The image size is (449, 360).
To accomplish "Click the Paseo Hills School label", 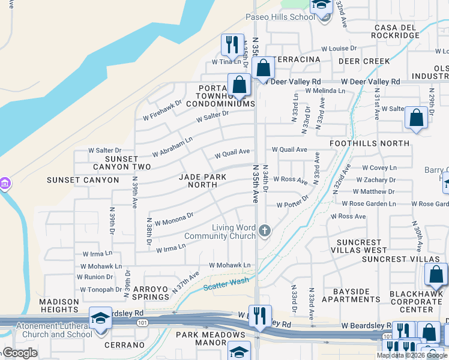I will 280,17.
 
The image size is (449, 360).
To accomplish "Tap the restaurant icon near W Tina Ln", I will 232,44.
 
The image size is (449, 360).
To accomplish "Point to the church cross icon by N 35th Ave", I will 264,230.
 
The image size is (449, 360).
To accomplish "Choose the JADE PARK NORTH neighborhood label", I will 198,181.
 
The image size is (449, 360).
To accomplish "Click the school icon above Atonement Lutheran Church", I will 100,317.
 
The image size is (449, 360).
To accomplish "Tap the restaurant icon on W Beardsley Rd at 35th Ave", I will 260,316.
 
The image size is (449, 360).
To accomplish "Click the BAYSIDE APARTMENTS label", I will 351,295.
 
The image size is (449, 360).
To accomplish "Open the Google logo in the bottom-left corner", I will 19,353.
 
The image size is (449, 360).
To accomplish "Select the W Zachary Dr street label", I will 376,179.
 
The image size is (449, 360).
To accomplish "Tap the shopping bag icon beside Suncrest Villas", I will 436,274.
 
